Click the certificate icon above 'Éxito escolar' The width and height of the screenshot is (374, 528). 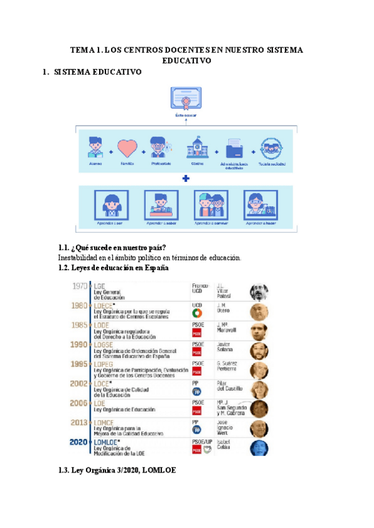pyautogui.click(x=185, y=100)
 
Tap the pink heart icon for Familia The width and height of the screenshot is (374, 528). pyautogui.click(x=127, y=149)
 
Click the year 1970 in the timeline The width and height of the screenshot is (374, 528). pyautogui.click(x=80, y=286)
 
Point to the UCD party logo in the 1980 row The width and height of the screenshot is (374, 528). pyautogui.click(x=197, y=314)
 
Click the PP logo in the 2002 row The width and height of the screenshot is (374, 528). pyautogui.click(x=197, y=392)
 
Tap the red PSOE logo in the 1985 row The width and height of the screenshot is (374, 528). pyautogui.click(x=197, y=333)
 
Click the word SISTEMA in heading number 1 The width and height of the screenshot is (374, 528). pyautogui.click(x=71, y=72)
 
